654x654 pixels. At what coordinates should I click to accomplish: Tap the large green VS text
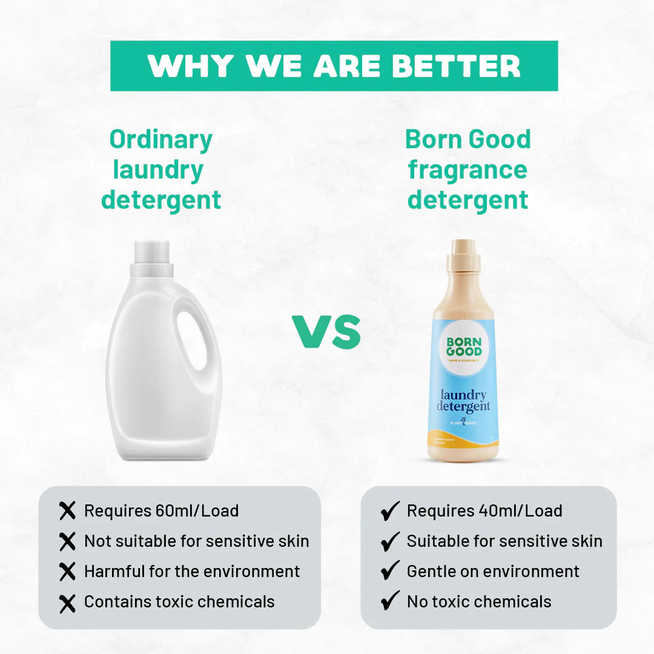(x=327, y=331)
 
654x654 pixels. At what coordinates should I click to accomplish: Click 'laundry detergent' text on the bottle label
(x=463, y=401)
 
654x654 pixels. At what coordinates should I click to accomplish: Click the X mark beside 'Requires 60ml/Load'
(x=68, y=511)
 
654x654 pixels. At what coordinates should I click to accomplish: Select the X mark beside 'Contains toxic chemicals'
(x=68, y=602)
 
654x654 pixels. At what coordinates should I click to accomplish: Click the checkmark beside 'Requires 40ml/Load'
(x=391, y=511)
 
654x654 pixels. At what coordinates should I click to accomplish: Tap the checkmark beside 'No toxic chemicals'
(x=391, y=601)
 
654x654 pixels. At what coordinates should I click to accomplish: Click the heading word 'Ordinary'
(x=161, y=139)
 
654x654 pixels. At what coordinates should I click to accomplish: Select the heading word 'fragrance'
(x=467, y=170)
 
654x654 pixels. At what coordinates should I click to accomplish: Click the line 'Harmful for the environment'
(x=192, y=571)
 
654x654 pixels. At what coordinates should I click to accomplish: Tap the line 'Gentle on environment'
(x=493, y=571)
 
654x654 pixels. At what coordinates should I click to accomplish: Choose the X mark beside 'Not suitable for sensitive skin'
(x=68, y=541)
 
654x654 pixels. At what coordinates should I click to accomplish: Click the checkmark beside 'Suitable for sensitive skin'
(x=391, y=541)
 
